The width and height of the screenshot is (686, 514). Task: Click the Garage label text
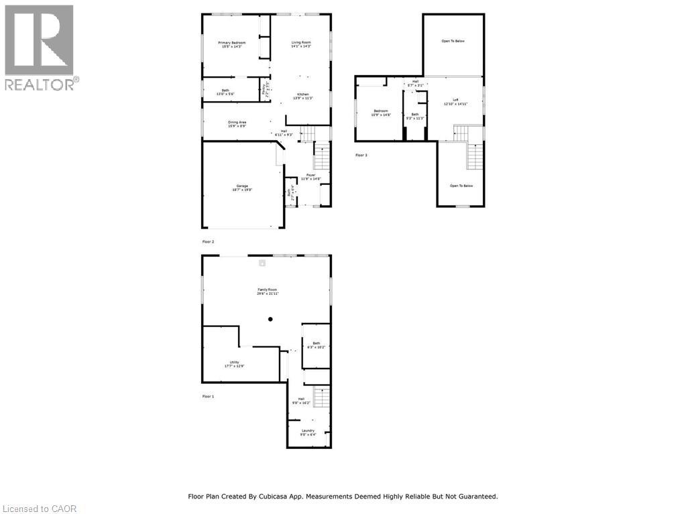tap(242, 188)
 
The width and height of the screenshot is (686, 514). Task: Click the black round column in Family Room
tap(270, 320)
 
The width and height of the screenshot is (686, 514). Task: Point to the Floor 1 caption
tap(208, 397)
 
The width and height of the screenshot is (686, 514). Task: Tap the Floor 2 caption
tap(208, 241)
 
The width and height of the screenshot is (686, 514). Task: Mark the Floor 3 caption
tap(361, 155)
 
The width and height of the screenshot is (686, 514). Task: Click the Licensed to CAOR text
tap(39, 509)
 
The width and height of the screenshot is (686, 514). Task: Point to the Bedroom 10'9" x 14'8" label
tap(381, 113)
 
